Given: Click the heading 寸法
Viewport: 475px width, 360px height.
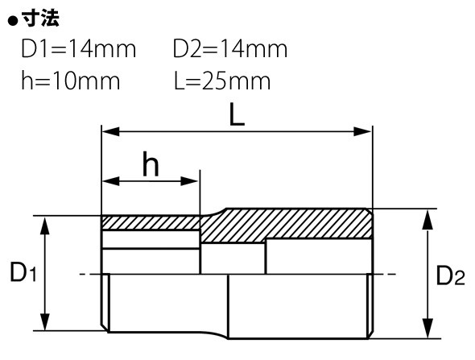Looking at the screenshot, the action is click(40, 19).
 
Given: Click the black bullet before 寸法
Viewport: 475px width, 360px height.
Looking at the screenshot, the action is click(13, 22).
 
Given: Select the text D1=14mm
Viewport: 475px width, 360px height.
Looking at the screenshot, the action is click(79, 49).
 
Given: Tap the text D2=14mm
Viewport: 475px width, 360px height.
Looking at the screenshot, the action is click(230, 49).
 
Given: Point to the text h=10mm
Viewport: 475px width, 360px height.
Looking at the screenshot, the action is click(71, 81).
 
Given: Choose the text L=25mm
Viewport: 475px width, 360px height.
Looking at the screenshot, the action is click(222, 81).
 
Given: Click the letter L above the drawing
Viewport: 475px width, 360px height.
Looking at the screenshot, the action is click(237, 114).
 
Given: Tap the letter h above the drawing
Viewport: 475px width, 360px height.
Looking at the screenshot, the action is click(151, 163).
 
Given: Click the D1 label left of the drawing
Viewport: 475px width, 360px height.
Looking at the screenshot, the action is click(23, 272).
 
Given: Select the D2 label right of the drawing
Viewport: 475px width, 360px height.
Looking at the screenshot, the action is click(450, 275).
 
